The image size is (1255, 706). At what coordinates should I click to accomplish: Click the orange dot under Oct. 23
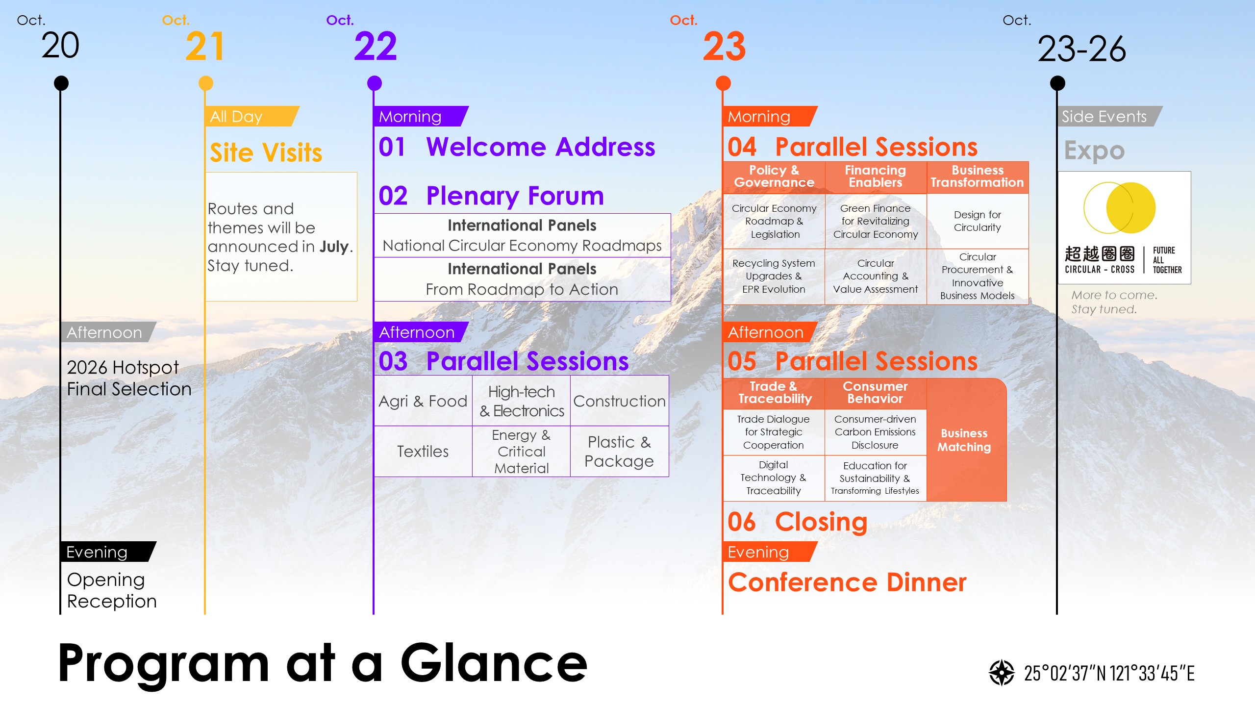pos(723,83)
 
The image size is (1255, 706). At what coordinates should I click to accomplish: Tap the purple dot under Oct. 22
pos(375,83)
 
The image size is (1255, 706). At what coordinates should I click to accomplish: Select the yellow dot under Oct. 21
pos(206,83)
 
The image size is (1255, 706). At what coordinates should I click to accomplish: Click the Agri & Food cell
pos(423,401)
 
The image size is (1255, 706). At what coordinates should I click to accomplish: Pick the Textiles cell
pos(423,451)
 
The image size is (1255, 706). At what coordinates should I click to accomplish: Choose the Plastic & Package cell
pos(619,451)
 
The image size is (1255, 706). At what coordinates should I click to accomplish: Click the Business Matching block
pos(964,440)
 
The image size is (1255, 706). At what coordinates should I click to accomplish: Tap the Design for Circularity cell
pos(978,221)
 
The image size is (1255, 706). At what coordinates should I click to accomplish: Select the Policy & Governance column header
pos(774,176)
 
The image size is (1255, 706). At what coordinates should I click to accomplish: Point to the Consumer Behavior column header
pos(875,393)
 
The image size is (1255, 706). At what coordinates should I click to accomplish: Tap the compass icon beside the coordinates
pos(1002,673)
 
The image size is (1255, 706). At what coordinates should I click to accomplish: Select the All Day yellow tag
pos(250,117)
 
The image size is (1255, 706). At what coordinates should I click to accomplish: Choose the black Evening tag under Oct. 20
pos(105,552)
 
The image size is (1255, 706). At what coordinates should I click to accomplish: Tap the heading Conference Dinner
pos(847,582)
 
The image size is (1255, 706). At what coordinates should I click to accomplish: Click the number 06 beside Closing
pos(742,522)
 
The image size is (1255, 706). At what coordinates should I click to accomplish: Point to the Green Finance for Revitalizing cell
pos(876,221)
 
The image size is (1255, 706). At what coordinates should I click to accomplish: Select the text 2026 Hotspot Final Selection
pos(128,378)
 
